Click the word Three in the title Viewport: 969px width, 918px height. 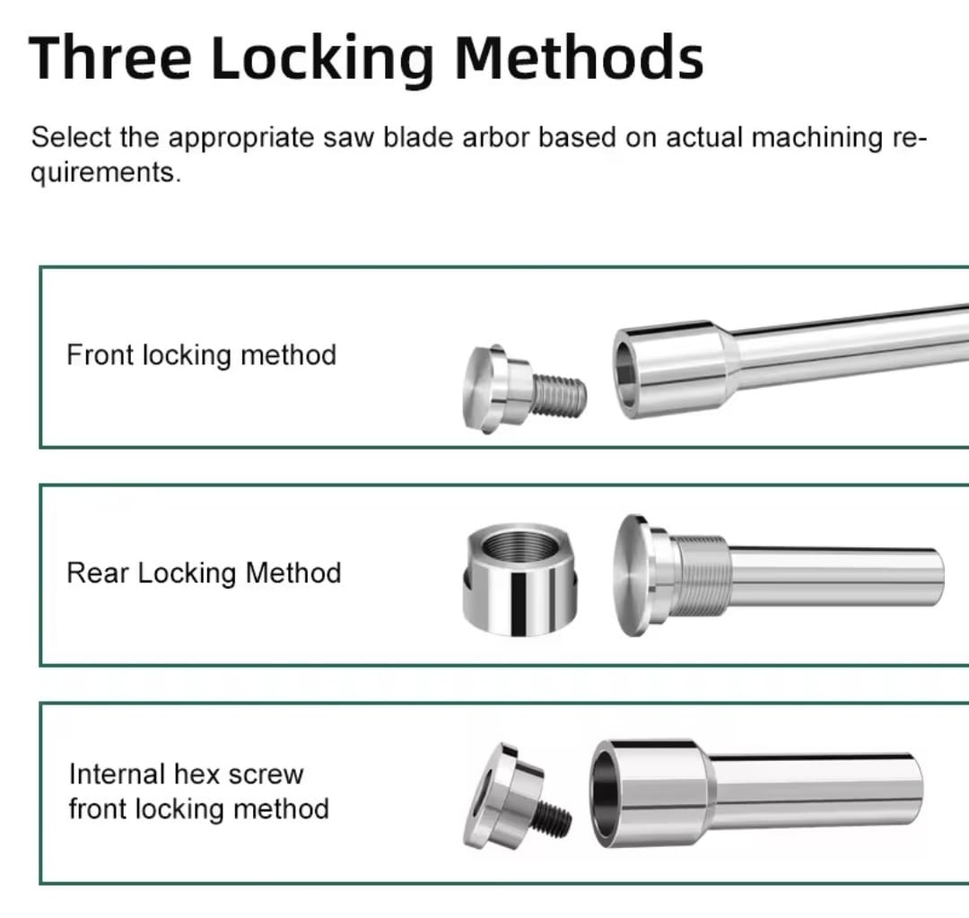[110, 57]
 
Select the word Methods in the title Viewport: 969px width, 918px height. [579, 57]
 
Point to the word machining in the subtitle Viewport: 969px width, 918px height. [817, 138]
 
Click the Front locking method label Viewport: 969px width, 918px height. [202, 355]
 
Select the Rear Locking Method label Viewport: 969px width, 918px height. [204, 573]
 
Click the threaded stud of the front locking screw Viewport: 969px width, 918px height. [559, 396]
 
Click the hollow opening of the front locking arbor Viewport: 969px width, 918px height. [625, 374]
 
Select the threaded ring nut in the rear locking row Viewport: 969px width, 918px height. [519, 579]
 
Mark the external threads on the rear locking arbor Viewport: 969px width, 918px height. [700, 576]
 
